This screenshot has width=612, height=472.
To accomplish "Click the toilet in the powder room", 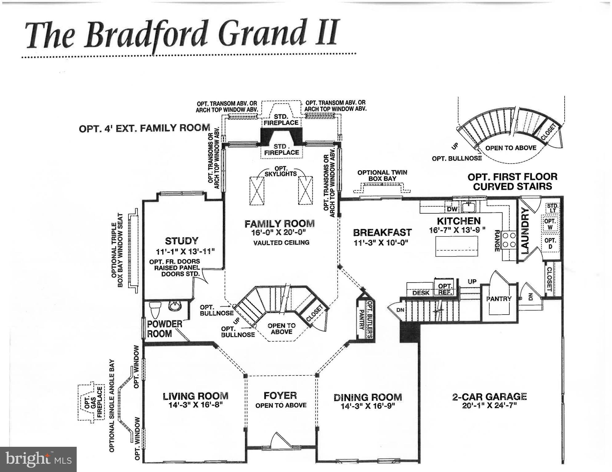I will [x=155, y=309].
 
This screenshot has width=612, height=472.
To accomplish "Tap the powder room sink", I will [x=175, y=306].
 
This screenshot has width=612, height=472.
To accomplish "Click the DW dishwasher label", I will [x=452, y=209].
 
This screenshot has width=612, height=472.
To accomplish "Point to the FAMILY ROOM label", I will [x=280, y=224].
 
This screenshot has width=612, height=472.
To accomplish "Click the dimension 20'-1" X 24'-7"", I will [x=489, y=406].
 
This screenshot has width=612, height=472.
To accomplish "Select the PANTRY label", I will [x=499, y=299].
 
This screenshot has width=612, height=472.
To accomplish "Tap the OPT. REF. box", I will [x=445, y=289].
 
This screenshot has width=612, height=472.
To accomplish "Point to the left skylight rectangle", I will [x=257, y=190].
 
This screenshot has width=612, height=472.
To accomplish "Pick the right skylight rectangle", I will [x=306, y=190].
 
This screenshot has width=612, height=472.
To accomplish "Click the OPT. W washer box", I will [x=550, y=224].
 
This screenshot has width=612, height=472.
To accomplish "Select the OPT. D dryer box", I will [x=550, y=243].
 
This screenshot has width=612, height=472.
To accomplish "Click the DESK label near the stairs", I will [x=421, y=293].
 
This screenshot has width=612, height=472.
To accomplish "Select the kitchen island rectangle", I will [x=456, y=246].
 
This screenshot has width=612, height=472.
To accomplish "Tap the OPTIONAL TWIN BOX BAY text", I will [x=382, y=175].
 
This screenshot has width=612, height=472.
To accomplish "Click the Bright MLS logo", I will [x=38, y=459].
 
